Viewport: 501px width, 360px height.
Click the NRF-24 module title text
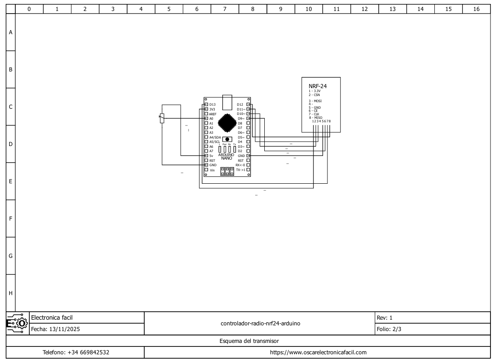point(318,86)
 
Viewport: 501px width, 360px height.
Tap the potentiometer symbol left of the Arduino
point(162,118)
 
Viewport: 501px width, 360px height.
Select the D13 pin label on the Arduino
point(213,104)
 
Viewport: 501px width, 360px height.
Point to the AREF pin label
point(213,114)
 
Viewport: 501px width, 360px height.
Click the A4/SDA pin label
point(215,137)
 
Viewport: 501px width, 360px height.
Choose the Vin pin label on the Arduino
point(212,170)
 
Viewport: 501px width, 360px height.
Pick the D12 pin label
point(240,104)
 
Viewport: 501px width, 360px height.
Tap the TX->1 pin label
point(241,169)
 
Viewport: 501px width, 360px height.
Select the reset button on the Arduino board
point(227,139)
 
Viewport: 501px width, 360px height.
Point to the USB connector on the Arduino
point(227,102)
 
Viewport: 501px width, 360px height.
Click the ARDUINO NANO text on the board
point(226,156)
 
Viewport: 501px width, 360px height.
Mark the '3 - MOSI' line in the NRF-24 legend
point(315,101)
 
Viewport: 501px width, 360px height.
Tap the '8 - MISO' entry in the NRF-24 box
point(315,117)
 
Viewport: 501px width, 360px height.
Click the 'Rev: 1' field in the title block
point(384,317)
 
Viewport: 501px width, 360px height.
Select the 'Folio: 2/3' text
point(389,329)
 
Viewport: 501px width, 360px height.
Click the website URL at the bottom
point(318,352)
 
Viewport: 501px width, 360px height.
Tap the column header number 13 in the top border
point(392,9)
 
